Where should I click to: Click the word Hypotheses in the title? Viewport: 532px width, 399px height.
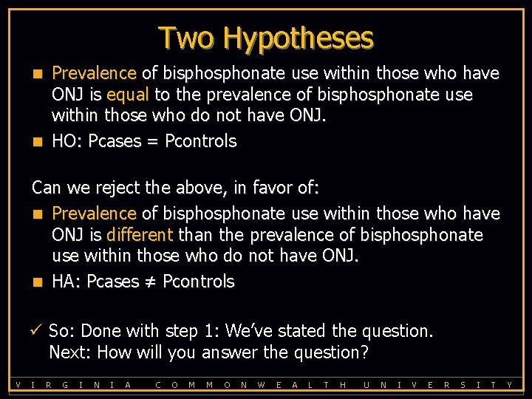tap(299, 38)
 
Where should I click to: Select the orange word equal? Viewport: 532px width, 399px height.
tap(128, 95)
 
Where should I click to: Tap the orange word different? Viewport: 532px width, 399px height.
tap(139, 235)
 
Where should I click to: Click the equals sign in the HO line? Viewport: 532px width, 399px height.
tap(151, 142)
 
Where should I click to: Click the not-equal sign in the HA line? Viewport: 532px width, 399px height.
tap(151, 282)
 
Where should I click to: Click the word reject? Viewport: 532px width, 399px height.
tap(111, 188)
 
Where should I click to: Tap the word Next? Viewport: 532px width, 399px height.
tap(70, 352)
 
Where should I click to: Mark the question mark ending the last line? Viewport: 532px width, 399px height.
tap(364, 352)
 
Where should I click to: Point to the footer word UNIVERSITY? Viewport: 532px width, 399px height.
tap(437, 384)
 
